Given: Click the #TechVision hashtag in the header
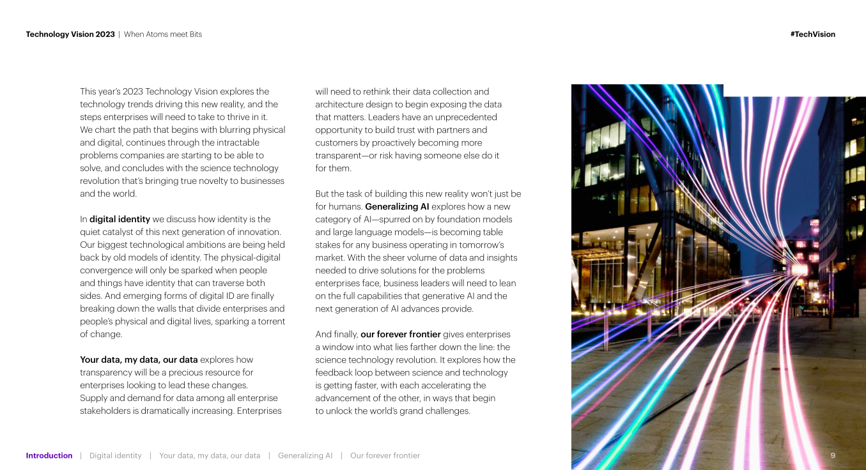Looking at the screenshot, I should point(812,34).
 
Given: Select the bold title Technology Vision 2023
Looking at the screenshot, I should point(70,34).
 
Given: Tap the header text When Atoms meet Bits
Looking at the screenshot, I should point(163,34).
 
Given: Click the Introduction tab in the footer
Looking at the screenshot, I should point(49,455).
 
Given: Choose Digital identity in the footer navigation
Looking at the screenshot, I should point(116,455).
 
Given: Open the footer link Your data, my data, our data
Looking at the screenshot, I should point(210,455).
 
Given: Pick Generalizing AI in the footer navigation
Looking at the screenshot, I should point(305,455).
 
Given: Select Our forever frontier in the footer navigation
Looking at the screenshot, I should point(385,455).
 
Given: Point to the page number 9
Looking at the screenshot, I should point(833,455).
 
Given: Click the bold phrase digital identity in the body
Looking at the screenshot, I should point(120,219).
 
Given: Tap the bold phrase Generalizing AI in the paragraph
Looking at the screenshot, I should point(397,206).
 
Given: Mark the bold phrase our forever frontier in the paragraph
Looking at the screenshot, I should point(401,334).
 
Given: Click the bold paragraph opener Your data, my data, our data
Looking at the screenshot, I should point(139,360).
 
